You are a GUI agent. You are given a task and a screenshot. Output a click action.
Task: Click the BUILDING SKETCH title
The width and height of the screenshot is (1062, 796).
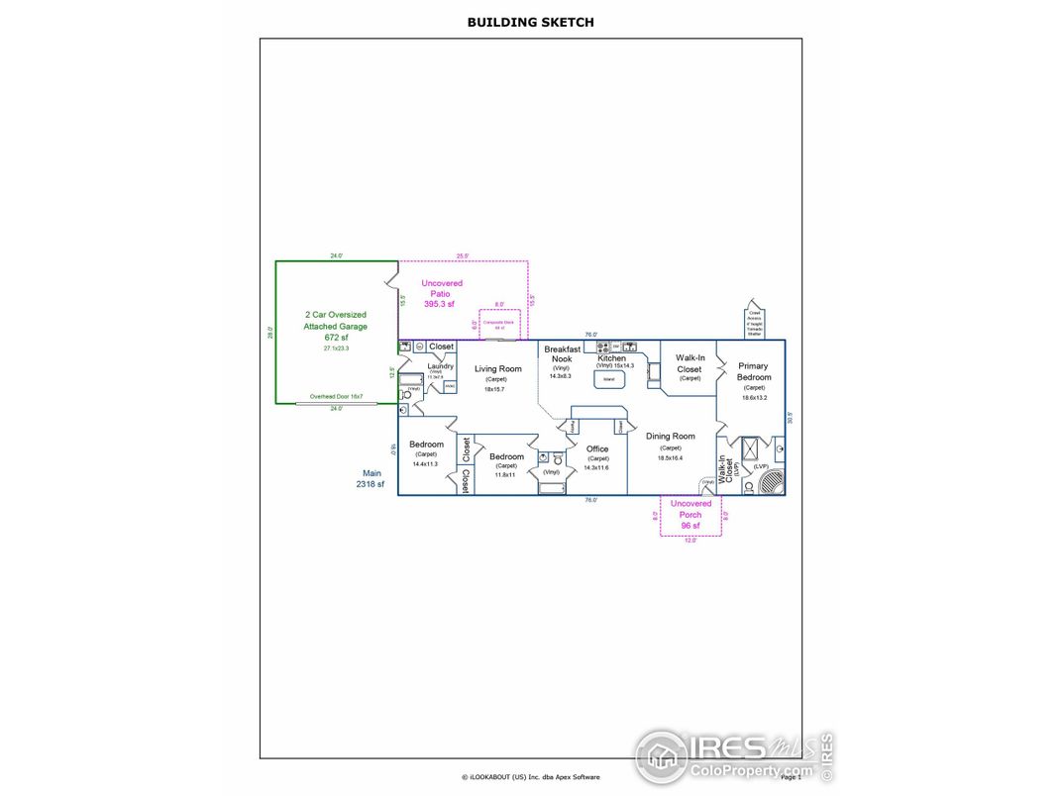530,22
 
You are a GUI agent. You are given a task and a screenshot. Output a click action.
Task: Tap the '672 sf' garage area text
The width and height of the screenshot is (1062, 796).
336,338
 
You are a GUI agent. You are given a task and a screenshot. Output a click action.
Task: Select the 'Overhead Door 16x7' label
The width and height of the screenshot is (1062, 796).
336,397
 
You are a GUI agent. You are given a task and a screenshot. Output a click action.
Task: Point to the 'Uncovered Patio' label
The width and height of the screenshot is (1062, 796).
441,294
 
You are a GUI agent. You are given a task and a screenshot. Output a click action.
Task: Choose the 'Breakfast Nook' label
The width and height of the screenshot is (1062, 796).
562,354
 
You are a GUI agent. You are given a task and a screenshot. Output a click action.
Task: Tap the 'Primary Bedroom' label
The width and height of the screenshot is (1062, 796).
753,371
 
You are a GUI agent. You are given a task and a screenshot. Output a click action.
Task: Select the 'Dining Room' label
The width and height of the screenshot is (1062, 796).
670,436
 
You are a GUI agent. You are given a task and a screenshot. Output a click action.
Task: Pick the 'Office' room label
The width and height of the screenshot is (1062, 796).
596,448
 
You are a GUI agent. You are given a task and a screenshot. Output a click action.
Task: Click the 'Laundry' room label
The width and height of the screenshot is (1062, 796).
440,366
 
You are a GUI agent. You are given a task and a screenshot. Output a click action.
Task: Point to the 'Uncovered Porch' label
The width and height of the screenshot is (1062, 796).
690,509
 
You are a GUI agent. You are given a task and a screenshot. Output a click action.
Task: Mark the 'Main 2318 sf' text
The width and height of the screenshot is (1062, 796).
370,479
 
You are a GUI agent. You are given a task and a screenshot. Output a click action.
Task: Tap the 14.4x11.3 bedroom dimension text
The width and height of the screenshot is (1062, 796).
425,463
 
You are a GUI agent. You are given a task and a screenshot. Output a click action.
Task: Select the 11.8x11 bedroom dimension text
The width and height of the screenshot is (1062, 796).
505,475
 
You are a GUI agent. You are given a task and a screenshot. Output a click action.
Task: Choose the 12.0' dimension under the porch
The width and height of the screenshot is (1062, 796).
690,540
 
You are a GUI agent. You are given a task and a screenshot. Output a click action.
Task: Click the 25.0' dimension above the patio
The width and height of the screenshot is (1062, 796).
462,256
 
